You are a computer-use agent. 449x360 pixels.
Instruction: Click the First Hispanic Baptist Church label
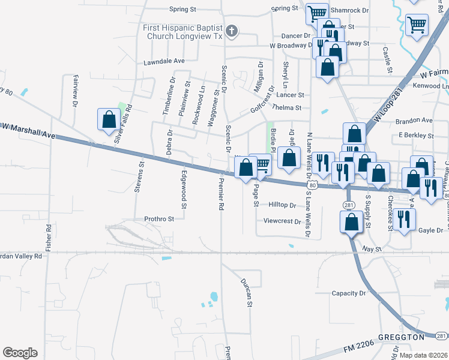[x=182, y=32]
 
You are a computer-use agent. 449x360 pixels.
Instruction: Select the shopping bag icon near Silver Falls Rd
[x=109, y=119]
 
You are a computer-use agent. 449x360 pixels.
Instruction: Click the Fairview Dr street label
[x=75, y=91]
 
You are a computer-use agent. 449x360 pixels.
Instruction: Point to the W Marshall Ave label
[x=28, y=131]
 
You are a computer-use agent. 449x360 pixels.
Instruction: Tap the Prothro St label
[x=158, y=219]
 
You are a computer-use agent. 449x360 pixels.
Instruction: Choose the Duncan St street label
[x=245, y=292]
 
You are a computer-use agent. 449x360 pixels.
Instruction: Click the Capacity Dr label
[x=348, y=293]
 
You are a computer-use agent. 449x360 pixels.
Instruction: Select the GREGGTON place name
[x=401, y=338]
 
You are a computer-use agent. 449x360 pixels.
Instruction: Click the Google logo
[x=20, y=353]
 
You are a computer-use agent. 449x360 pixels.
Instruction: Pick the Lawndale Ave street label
[x=164, y=61]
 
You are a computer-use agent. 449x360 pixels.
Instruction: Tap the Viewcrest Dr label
[x=282, y=221]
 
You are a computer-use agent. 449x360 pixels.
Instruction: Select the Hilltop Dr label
[x=282, y=205]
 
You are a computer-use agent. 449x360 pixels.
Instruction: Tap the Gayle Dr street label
[x=430, y=230]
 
